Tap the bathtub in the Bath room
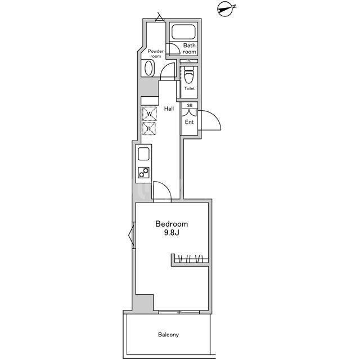[x=184, y=32]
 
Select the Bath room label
[x=190, y=49]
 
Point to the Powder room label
[x=156, y=54]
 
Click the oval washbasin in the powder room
[x=148, y=67]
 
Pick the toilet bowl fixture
[x=189, y=75]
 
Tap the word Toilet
[x=190, y=88]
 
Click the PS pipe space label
[x=188, y=61]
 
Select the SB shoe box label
[x=190, y=105]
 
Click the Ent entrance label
[x=190, y=122]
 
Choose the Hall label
[x=169, y=109]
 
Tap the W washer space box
[x=150, y=114]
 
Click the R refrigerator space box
[x=149, y=129]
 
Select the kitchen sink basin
[x=144, y=154]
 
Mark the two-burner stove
[x=144, y=173]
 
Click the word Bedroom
[x=172, y=224]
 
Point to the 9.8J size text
[x=172, y=233]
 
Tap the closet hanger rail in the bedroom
[x=191, y=259]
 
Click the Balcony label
[x=169, y=335]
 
